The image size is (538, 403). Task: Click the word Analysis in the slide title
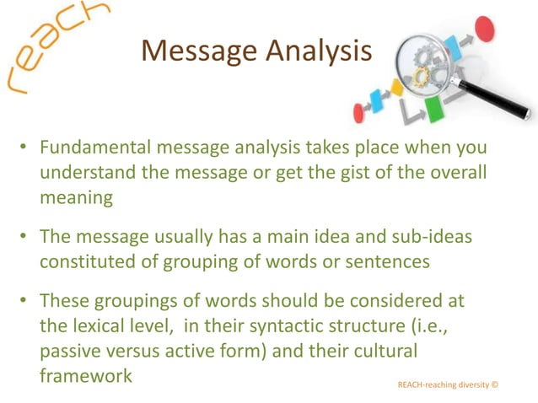320,52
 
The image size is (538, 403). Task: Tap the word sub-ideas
425,239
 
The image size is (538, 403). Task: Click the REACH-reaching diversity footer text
447,384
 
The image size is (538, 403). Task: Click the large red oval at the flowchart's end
483,28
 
